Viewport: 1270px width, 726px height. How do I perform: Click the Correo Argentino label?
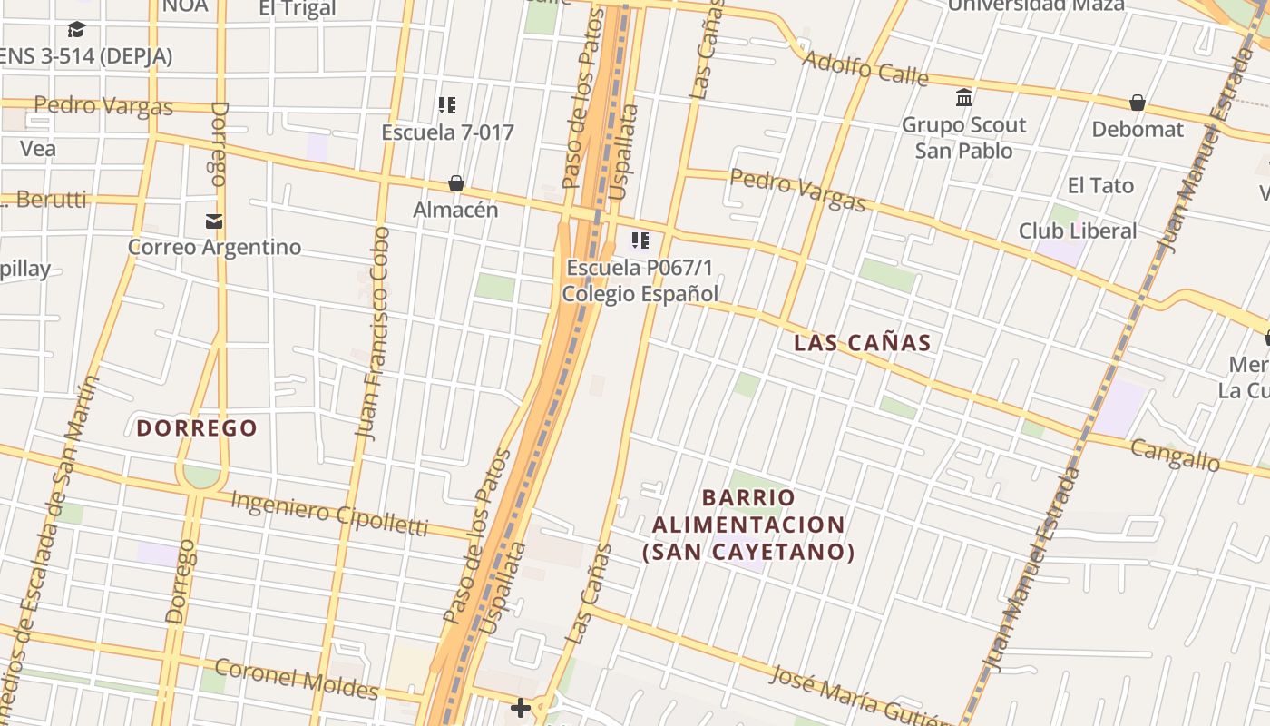[x=214, y=247]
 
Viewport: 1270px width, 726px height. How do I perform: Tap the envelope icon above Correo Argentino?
[x=214, y=221]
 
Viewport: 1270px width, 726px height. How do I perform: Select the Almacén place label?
[x=455, y=210]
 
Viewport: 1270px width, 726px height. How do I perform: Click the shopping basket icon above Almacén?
[x=456, y=184]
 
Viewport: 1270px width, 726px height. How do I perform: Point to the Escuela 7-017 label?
[x=447, y=132]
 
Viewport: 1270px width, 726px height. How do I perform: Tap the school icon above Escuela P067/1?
[x=640, y=240]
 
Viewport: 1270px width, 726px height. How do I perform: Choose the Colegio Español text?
[x=640, y=293]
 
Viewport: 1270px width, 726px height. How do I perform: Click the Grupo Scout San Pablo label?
[x=963, y=137]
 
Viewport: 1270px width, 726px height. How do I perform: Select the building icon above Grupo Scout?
[x=964, y=97]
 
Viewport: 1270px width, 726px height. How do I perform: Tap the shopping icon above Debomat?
[x=1138, y=103]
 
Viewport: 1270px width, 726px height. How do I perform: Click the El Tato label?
[x=1100, y=185]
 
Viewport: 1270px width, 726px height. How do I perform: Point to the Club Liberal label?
[x=1077, y=231]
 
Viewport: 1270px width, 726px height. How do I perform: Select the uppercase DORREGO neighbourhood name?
[x=197, y=428]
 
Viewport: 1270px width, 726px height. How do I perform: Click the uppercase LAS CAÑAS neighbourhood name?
[x=862, y=343]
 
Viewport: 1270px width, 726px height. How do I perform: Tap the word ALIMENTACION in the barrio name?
[x=748, y=525]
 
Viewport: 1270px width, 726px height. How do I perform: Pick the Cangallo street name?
[x=1175, y=454]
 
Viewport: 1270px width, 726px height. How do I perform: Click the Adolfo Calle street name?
[x=865, y=68]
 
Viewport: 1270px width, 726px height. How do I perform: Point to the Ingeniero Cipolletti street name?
[x=328, y=512]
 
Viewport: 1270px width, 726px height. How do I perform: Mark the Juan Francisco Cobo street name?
[x=374, y=333]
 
